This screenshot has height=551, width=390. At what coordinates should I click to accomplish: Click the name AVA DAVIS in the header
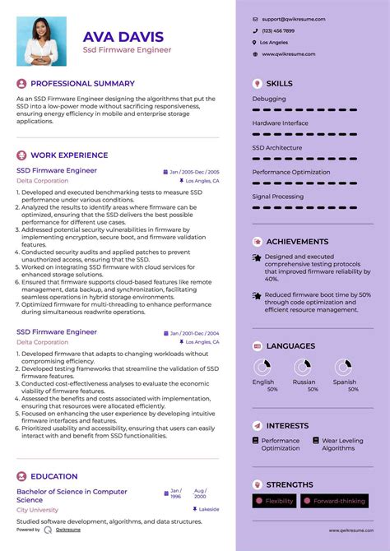tap(123, 36)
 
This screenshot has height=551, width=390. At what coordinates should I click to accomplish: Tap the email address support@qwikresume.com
tap(293, 18)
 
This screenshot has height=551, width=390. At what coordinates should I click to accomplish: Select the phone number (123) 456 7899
tap(278, 30)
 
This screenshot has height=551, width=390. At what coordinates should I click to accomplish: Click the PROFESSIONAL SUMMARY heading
tap(82, 83)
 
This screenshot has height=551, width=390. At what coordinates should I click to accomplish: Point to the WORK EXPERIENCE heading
tap(69, 155)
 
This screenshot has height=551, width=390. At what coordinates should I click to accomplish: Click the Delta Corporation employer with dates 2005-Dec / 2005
tap(42, 180)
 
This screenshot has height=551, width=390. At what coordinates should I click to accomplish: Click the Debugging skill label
tap(269, 98)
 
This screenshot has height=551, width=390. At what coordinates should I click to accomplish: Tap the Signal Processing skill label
tap(278, 197)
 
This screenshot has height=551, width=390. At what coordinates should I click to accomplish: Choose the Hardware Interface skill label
tap(281, 123)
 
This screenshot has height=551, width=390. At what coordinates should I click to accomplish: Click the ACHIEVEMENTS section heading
tap(297, 242)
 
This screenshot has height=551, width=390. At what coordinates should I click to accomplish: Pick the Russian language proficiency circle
tap(304, 367)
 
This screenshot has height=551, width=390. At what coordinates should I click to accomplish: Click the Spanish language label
tap(345, 382)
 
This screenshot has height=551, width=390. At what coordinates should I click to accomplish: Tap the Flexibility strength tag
tap(279, 501)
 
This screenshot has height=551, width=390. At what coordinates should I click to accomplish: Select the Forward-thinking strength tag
tap(337, 501)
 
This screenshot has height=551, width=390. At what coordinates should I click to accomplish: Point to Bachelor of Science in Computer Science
tap(72, 495)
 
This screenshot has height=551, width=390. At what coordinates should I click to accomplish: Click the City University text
tap(38, 510)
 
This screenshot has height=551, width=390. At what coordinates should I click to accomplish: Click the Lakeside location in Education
tap(209, 509)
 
